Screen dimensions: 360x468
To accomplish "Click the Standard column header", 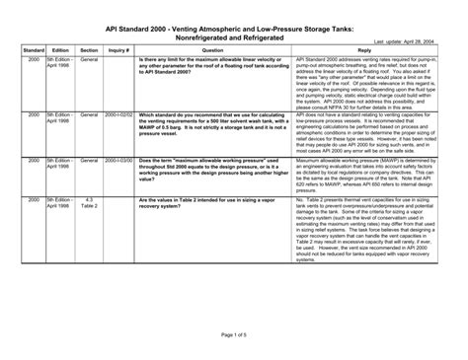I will (x=32, y=49).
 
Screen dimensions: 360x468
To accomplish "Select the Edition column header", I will (x=59, y=49).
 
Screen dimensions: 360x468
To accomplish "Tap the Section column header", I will (x=89, y=49).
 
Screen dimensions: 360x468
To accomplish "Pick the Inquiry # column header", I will (x=118, y=49).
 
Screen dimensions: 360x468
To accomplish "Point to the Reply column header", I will (x=363, y=49).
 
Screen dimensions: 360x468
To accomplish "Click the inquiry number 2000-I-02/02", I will (x=118, y=115).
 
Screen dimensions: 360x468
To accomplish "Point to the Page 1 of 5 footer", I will (x=234, y=335).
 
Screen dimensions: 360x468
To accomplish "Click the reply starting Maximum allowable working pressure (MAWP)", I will (x=363, y=177).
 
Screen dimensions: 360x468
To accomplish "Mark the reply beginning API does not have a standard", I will (x=363, y=132).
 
